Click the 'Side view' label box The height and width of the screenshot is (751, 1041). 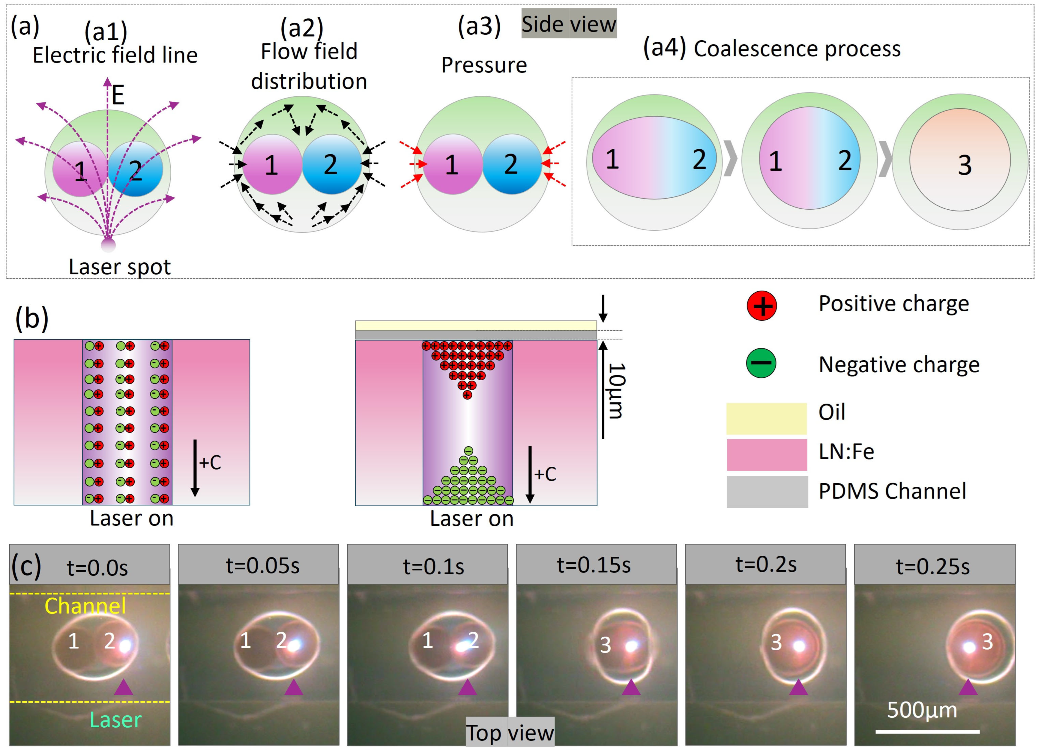tap(569, 24)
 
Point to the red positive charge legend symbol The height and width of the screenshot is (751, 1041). tap(762, 305)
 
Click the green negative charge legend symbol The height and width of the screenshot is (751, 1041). tap(761, 363)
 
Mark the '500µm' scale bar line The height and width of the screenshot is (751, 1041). tap(927, 731)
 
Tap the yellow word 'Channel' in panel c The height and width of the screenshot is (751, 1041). tap(85, 606)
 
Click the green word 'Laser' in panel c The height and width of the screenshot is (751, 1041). tap(116, 720)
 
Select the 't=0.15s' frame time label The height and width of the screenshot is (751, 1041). tap(594, 565)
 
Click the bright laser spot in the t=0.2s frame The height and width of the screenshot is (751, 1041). tap(799, 646)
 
